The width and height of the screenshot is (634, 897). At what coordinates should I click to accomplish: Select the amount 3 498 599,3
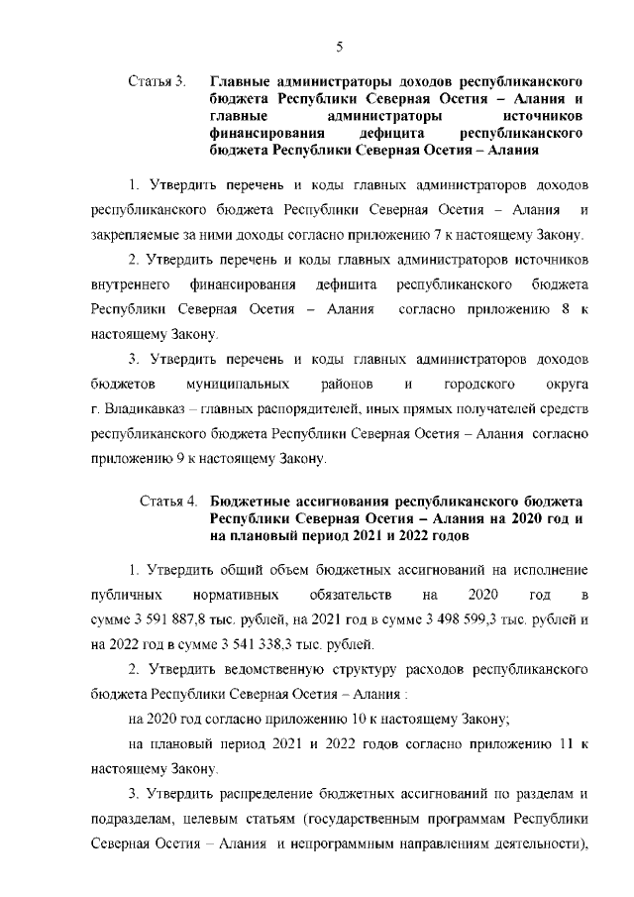tap(434, 619)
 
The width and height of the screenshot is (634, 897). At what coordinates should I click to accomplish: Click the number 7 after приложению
tap(451, 235)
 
